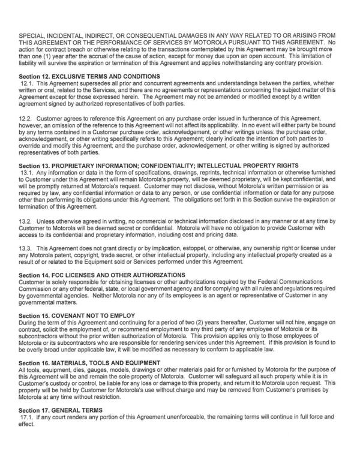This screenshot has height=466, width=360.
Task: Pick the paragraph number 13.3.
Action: coord(26,248)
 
